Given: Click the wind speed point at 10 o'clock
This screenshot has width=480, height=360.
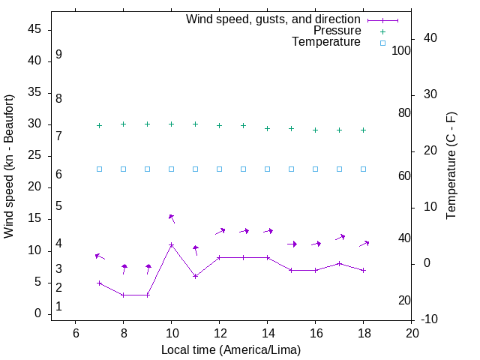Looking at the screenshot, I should click(172, 245).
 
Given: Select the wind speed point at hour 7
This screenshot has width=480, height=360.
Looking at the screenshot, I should click(100, 283).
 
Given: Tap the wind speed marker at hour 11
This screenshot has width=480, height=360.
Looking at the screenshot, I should click(196, 276).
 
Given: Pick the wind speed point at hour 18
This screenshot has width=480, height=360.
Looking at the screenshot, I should click(364, 270).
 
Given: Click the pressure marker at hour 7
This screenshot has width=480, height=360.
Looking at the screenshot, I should click(100, 126).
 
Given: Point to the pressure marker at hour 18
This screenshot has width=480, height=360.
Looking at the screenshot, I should click(364, 130).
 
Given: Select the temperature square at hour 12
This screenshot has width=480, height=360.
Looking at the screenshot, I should click(220, 169).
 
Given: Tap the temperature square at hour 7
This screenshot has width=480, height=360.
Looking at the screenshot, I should click(100, 169).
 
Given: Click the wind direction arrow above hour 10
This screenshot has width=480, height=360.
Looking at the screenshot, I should click(172, 218).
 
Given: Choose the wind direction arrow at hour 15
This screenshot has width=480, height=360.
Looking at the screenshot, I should click(292, 244).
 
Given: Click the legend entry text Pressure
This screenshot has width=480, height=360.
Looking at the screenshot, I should click(337, 31).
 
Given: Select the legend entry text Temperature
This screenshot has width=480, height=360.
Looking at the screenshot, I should click(326, 43).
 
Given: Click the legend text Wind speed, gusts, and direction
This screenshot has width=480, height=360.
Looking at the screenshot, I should click(274, 19).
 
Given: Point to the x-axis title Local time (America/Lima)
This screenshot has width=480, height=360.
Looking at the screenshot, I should click(232, 349).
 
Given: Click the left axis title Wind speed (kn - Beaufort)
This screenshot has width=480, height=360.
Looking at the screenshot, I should click(9, 166).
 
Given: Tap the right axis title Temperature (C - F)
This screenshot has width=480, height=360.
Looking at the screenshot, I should click(451, 166).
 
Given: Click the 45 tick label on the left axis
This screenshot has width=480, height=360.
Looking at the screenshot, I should click(34, 29).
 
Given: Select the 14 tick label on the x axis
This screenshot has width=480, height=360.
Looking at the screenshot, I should click(268, 332).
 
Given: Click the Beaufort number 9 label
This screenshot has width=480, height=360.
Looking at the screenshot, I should click(58, 55).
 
